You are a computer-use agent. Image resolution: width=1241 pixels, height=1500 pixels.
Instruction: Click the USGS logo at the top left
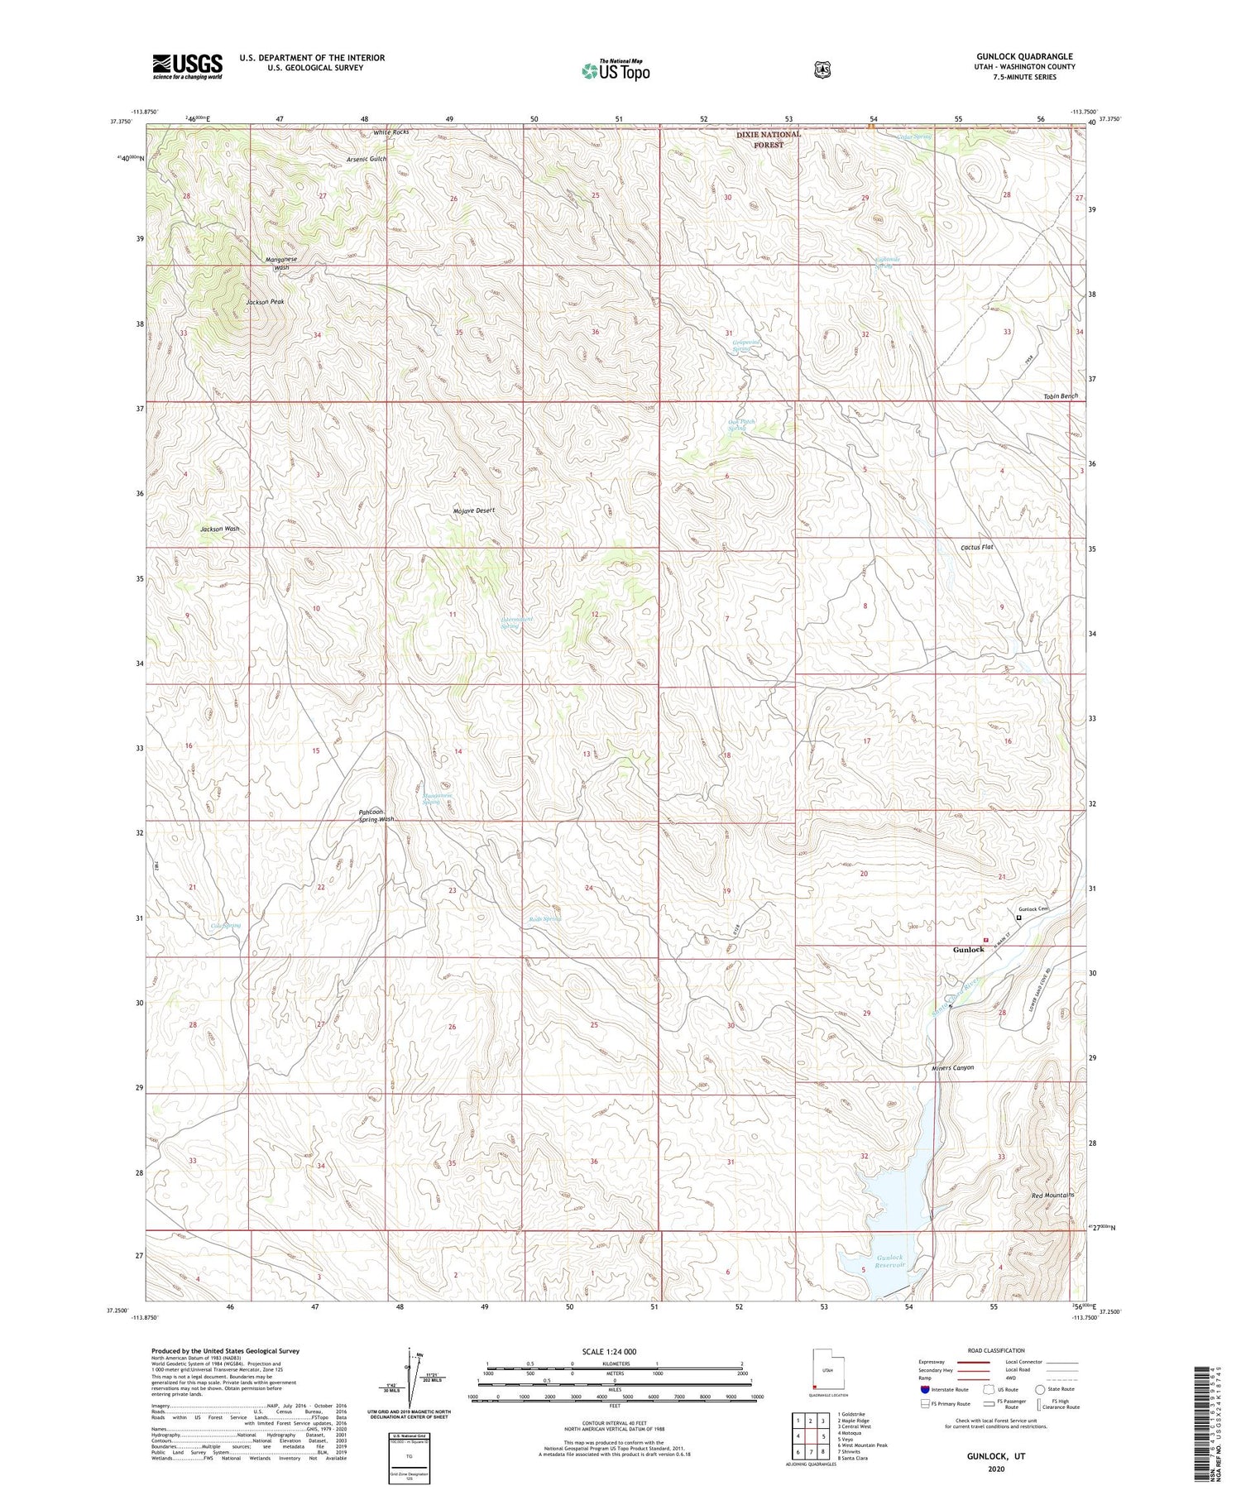[x=187, y=66]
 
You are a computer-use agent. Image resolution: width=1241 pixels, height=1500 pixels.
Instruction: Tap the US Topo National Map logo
[x=616, y=70]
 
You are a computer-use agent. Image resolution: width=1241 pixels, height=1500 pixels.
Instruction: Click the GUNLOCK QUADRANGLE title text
[x=1024, y=56]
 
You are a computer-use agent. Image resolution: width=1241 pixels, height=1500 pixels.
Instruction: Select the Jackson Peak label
[x=265, y=302]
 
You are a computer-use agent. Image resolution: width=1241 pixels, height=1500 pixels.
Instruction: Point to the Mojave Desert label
[x=473, y=510]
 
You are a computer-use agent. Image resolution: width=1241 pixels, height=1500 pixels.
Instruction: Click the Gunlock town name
[x=968, y=949]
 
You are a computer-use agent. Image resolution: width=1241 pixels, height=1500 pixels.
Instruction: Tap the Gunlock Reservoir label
[x=890, y=1262]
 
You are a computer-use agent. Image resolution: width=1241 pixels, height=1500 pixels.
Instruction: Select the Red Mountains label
[x=1052, y=1195]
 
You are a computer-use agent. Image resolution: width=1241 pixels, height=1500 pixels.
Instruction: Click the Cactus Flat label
[x=976, y=547]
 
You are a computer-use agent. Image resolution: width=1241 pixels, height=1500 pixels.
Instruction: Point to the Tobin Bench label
[x=1060, y=396]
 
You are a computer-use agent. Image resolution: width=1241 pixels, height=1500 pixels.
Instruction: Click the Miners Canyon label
[x=951, y=1067]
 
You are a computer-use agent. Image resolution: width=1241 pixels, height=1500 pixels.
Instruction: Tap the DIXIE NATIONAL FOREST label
[x=769, y=139]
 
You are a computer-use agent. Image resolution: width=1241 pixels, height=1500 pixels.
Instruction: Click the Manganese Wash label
[x=281, y=264]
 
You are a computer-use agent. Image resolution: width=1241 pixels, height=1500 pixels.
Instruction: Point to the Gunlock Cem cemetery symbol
[x=1018, y=918]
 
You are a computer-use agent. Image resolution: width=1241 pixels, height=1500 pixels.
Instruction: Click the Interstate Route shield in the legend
[x=925, y=1389]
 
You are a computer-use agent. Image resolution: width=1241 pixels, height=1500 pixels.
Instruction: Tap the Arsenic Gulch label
[x=367, y=159]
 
